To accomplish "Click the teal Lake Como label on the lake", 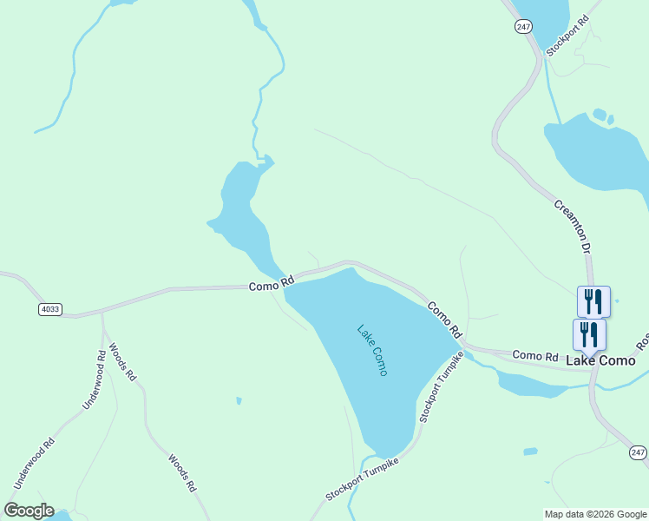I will pyautogui.click(x=373, y=350).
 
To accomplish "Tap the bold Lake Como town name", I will pyautogui.click(x=600, y=359).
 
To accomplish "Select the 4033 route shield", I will pyautogui.click(x=50, y=309).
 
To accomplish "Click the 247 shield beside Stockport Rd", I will pyautogui.click(x=522, y=27).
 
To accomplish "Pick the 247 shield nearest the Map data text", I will pyautogui.click(x=638, y=453).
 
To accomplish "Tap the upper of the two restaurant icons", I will pyautogui.click(x=593, y=301).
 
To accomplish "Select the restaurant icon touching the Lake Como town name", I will pyautogui.click(x=589, y=334).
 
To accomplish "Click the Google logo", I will pyautogui.click(x=29, y=511).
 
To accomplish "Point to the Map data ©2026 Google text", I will pyautogui.click(x=594, y=514).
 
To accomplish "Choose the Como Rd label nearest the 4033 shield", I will pyautogui.click(x=272, y=284).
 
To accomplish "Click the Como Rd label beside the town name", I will pyautogui.click(x=534, y=355).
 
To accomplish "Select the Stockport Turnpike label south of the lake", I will pyautogui.click(x=362, y=479).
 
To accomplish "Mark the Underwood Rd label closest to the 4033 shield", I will pyautogui.click(x=93, y=379).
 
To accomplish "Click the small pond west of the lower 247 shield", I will pyautogui.click(x=530, y=452).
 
